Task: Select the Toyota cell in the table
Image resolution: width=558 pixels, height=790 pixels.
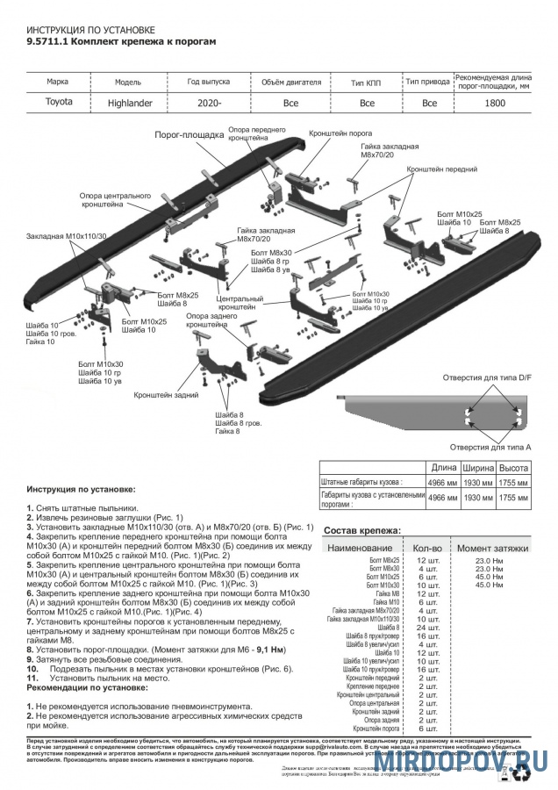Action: [59, 102]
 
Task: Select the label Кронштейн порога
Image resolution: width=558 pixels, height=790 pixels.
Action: [340, 134]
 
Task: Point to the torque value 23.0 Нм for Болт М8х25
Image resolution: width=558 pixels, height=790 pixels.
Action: [489, 559]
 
